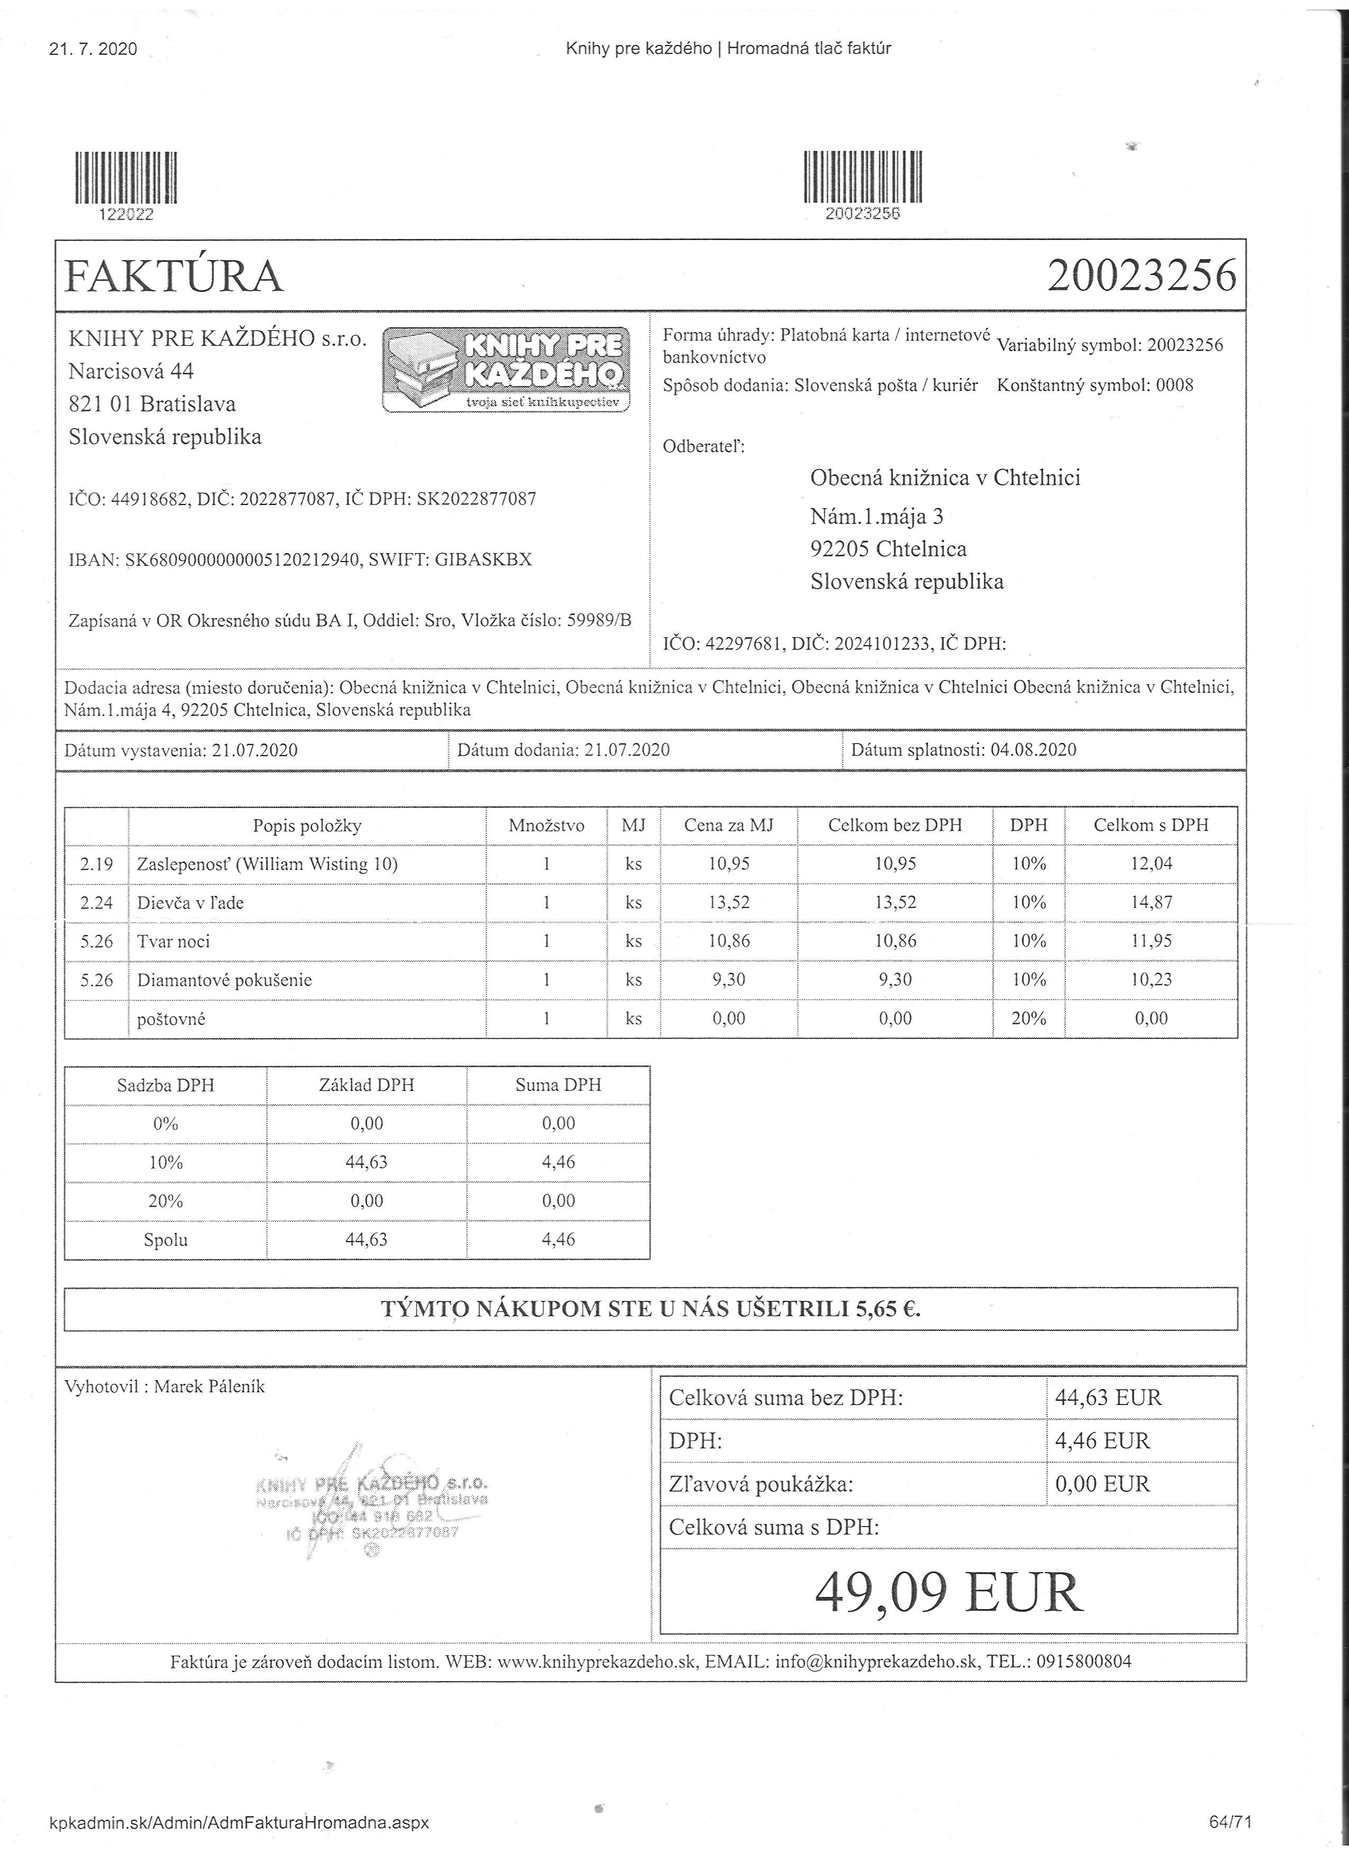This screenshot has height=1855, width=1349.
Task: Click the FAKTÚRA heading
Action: (174, 277)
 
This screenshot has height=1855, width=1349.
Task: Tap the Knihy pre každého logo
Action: (506, 369)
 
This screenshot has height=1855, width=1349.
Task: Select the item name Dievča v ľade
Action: (190, 903)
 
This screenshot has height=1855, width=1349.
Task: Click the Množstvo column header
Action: (546, 826)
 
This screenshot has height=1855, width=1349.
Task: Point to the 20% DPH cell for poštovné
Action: (1028, 1019)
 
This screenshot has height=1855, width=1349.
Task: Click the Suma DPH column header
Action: (558, 1086)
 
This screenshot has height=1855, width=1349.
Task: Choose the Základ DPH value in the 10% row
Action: (367, 1162)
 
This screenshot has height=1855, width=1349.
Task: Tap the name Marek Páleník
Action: (209, 1386)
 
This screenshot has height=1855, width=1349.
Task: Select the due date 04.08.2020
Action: (1033, 750)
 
